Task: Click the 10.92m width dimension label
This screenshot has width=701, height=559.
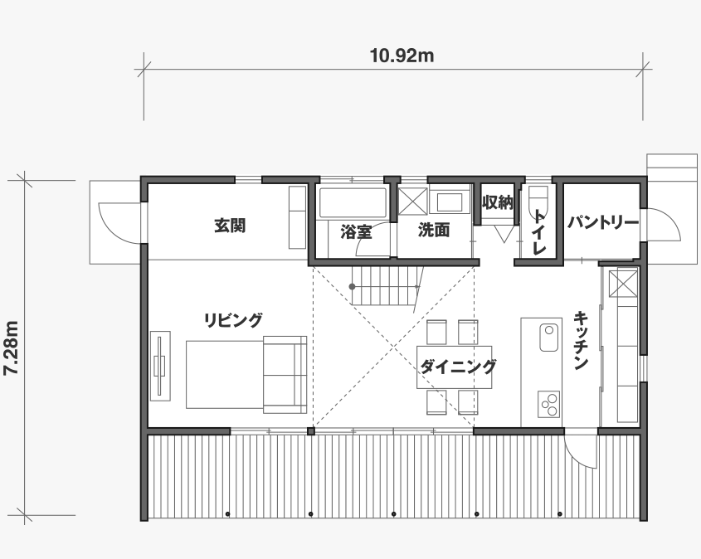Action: (402, 56)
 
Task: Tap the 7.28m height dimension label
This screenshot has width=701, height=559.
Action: (11, 348)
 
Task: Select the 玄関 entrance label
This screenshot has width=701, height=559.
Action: (230, 226)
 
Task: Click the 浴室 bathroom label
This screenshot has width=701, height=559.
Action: (357, 231)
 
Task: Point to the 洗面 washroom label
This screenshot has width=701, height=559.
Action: (434, 230)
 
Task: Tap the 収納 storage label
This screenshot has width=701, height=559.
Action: (497, 203)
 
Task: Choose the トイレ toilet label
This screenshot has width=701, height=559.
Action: (539, 232)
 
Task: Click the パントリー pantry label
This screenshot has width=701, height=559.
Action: (603, 222)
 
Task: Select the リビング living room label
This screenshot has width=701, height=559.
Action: (233, 320)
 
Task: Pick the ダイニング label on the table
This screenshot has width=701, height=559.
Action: (458, 367)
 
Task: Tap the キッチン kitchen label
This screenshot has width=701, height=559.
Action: (580, 341)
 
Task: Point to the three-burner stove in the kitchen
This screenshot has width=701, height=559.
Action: (549, 405)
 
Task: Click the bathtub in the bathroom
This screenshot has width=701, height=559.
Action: (353, 203)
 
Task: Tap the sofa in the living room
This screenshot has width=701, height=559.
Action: (285, 374)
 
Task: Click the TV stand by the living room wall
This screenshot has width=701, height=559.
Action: (160, 366)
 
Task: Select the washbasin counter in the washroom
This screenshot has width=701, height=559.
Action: (450, 202)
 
